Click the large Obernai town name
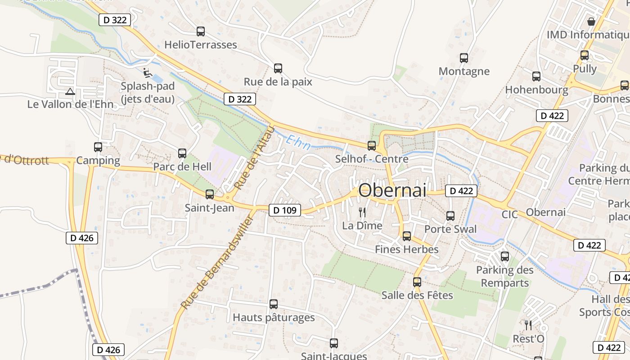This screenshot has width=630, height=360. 392,190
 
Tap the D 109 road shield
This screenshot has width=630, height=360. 284,210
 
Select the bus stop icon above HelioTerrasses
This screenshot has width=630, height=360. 201,31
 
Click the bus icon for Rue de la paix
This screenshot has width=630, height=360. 278,68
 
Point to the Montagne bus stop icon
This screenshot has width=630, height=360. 464,58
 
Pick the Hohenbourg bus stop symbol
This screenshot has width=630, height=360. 536,76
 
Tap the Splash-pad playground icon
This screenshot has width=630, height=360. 146,72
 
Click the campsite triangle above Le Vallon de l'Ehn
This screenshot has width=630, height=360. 70,92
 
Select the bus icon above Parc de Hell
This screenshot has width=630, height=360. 182,153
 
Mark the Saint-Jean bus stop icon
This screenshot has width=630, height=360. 210,194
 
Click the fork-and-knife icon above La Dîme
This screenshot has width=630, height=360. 362,212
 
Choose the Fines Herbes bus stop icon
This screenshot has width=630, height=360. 407,236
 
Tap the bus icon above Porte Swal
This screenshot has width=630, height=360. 450,216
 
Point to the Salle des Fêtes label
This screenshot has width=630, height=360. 417,295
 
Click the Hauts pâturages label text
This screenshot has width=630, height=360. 274,317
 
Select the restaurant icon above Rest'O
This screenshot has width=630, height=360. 528,325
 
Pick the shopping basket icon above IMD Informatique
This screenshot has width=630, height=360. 591,21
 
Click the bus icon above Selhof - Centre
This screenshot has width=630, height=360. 372,146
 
